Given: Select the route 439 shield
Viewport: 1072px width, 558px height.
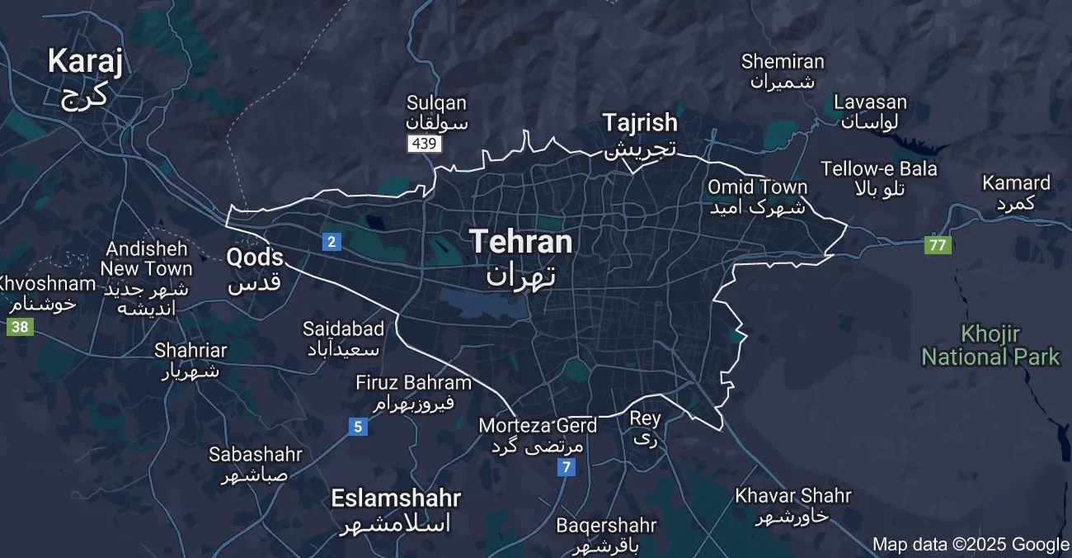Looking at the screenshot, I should (425, 144).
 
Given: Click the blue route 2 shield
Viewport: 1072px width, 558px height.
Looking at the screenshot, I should (331, 241).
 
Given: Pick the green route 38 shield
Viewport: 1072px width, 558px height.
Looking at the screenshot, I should (20, 327).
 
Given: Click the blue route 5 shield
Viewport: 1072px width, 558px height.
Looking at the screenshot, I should (357, 427).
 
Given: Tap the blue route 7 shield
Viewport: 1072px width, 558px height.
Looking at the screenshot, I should (566, 467).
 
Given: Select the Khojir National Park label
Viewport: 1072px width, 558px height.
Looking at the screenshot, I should (990, 346).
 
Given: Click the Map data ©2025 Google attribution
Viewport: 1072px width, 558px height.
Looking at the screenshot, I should (971, 544).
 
